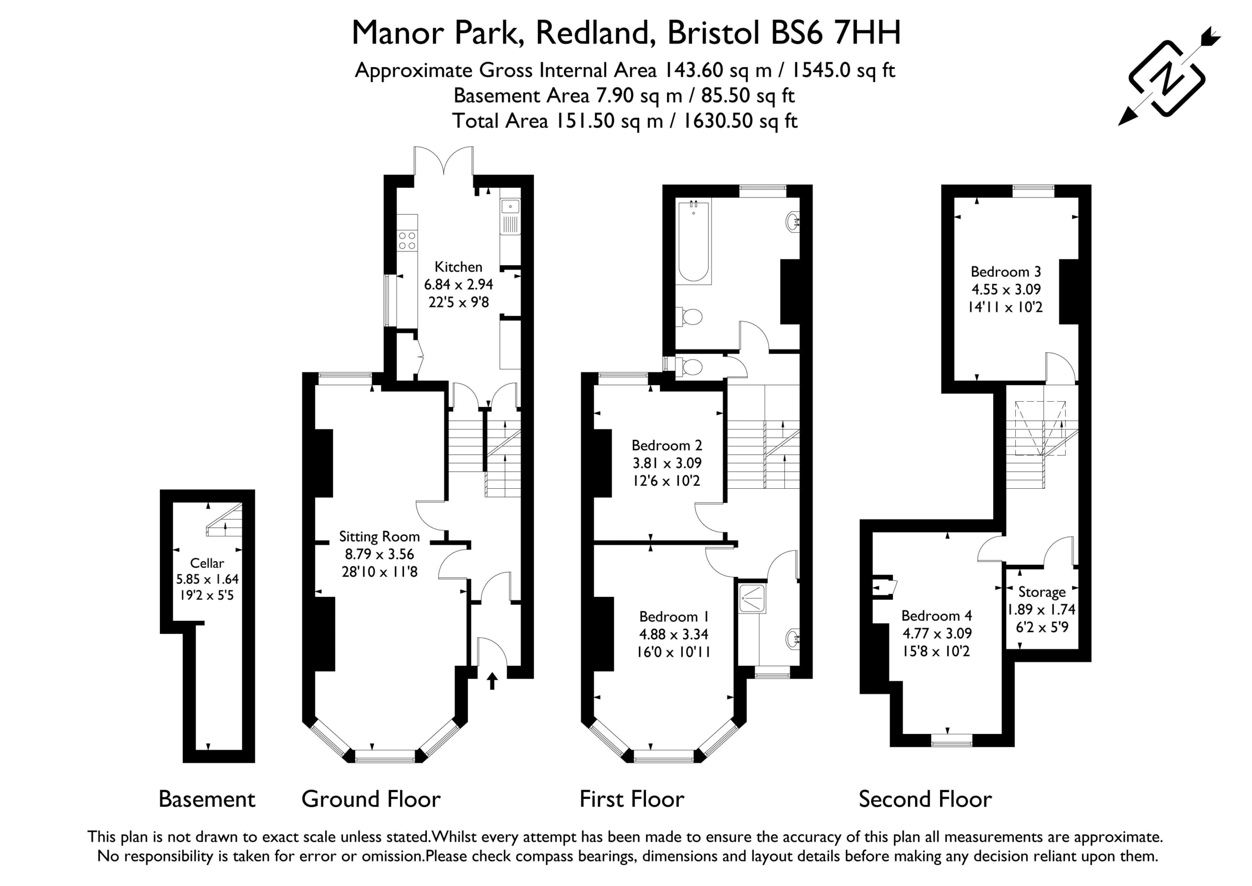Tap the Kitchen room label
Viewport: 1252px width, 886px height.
click(x=458, y=267)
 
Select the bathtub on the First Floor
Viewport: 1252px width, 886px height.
click(x=693, y=242)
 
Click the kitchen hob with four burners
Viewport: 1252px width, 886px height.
click(x=407, y=241)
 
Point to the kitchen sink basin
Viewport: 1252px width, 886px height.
click(x=511, y=206)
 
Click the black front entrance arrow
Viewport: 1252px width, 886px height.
click(x=492, y=681)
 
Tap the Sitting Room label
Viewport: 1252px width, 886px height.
click(x=379, y=537)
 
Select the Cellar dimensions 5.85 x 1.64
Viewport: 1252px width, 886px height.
click(x=207, y=579)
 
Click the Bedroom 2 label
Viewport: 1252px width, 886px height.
click(x=667, y=445)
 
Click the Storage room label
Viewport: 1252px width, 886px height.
click(x=1042, y=592)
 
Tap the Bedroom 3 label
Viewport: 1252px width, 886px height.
click(x=1006, y=272)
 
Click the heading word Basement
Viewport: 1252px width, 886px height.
click(x=207, y=799)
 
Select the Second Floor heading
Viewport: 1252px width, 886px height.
click(x=925, y=799)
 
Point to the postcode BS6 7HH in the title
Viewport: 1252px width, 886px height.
click(x=835, y=33)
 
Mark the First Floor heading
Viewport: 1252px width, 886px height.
click(x=631, y=799)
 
